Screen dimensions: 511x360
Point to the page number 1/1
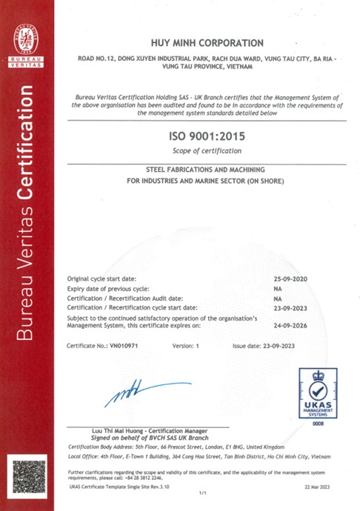pos(201,492)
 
